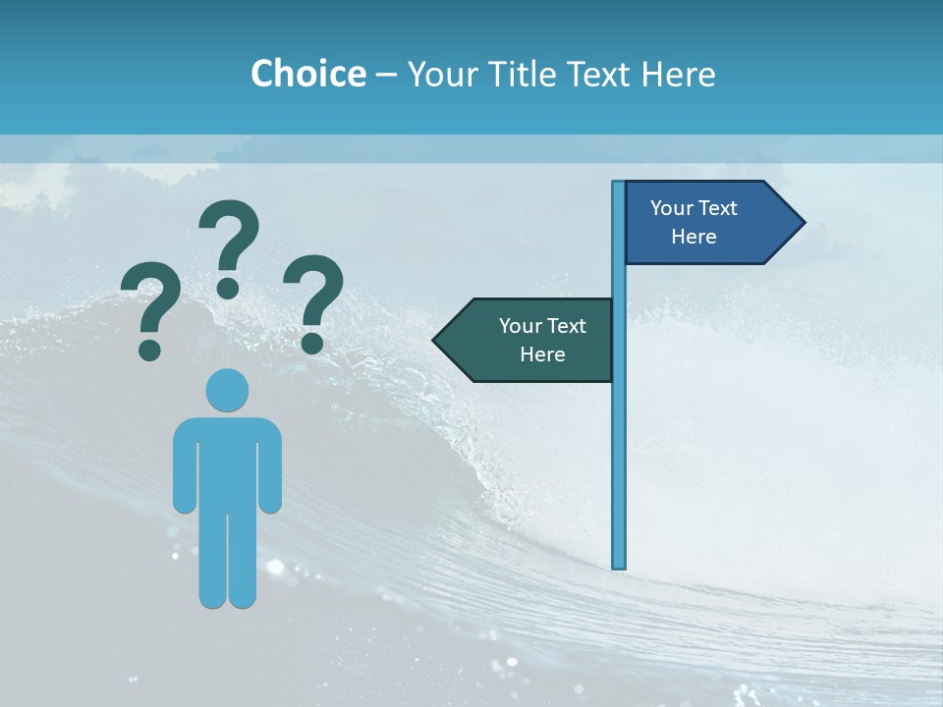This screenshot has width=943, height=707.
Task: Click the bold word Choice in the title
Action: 307,74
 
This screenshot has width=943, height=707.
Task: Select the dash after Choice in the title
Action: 386,75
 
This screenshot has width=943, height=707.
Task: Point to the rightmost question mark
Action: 313,299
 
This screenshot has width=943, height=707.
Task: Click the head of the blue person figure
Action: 227,390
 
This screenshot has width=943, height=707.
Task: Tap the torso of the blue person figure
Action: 227,462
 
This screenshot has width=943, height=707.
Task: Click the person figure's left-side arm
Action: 184,466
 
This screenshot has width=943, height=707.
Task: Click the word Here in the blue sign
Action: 693,237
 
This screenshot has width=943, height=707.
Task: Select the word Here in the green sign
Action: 542,354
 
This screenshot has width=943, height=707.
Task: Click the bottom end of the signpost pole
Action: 619,565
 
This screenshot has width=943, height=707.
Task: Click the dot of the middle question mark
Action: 228,288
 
